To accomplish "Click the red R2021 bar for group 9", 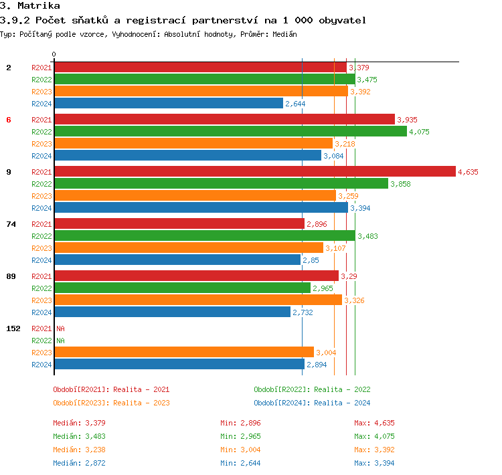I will (x=254, y=171).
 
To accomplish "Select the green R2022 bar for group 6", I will (x=230, y=131).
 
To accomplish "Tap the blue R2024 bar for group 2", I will (x=168, y=103).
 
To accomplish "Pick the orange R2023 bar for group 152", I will (x=183, y=352).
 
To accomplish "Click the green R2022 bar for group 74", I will (x=204, y=235).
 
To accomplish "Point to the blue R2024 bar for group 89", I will (x=172, y=312).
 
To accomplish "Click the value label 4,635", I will (x=468, y=172).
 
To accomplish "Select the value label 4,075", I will (x=419, y=132).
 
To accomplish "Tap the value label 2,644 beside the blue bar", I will (x=295, y=104).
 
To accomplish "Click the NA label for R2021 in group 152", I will (x=60, y=328).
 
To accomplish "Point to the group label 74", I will (x=11, y=224).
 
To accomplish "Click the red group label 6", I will (x=9, y=120).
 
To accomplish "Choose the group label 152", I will (x=13, y=328).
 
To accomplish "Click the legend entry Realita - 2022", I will (x=312, y=389).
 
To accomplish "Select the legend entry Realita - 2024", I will (x=312, y=403).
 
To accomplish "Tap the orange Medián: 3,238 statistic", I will (x=79, y=450).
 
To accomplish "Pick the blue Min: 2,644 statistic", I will (x=240, y=463).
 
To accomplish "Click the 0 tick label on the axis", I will (x=54, y=54).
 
